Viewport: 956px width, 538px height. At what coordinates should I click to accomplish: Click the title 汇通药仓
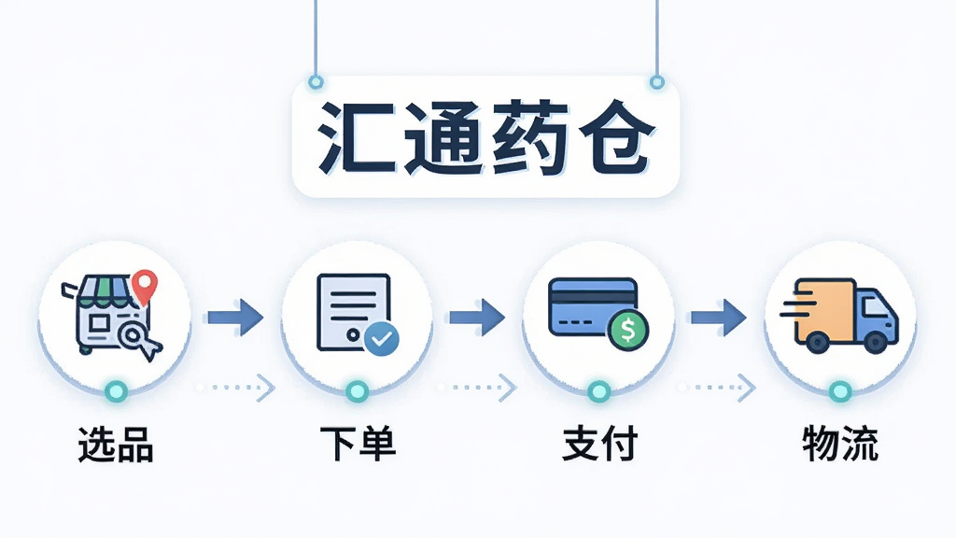tap(485, 136)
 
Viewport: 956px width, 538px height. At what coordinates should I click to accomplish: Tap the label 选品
tap(116, 444)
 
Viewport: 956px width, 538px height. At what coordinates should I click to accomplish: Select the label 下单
tap(358, 444)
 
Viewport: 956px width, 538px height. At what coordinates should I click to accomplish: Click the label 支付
tap(599, 444)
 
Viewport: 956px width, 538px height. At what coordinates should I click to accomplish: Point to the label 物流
tap(840, 444)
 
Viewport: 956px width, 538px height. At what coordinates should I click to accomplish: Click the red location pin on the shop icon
tap(145, 286)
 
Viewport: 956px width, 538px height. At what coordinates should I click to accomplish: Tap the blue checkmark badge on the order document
tap(382, 338)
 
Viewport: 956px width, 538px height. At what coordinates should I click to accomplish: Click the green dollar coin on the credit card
tap(628, 330)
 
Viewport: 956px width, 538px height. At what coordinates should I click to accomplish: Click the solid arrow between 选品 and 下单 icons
tap(235, 318)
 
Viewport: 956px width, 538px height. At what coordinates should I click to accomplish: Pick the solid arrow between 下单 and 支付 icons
tap(477, 318)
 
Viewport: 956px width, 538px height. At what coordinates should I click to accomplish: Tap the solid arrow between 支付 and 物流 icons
tap(719, 318)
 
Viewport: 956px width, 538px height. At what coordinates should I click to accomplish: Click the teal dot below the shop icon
tap(116, 391)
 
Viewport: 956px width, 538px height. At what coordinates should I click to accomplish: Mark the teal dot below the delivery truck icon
tap(840, 391)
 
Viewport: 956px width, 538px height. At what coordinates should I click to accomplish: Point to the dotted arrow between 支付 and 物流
tap(717, 388)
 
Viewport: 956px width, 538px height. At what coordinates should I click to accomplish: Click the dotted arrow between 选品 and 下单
tap(235, 388)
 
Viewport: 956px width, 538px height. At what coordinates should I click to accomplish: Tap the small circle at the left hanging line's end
tap(316, 82)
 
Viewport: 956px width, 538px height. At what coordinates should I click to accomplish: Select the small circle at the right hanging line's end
tap(656, 82)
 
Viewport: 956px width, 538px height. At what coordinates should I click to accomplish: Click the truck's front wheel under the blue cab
tap(876, 342)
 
